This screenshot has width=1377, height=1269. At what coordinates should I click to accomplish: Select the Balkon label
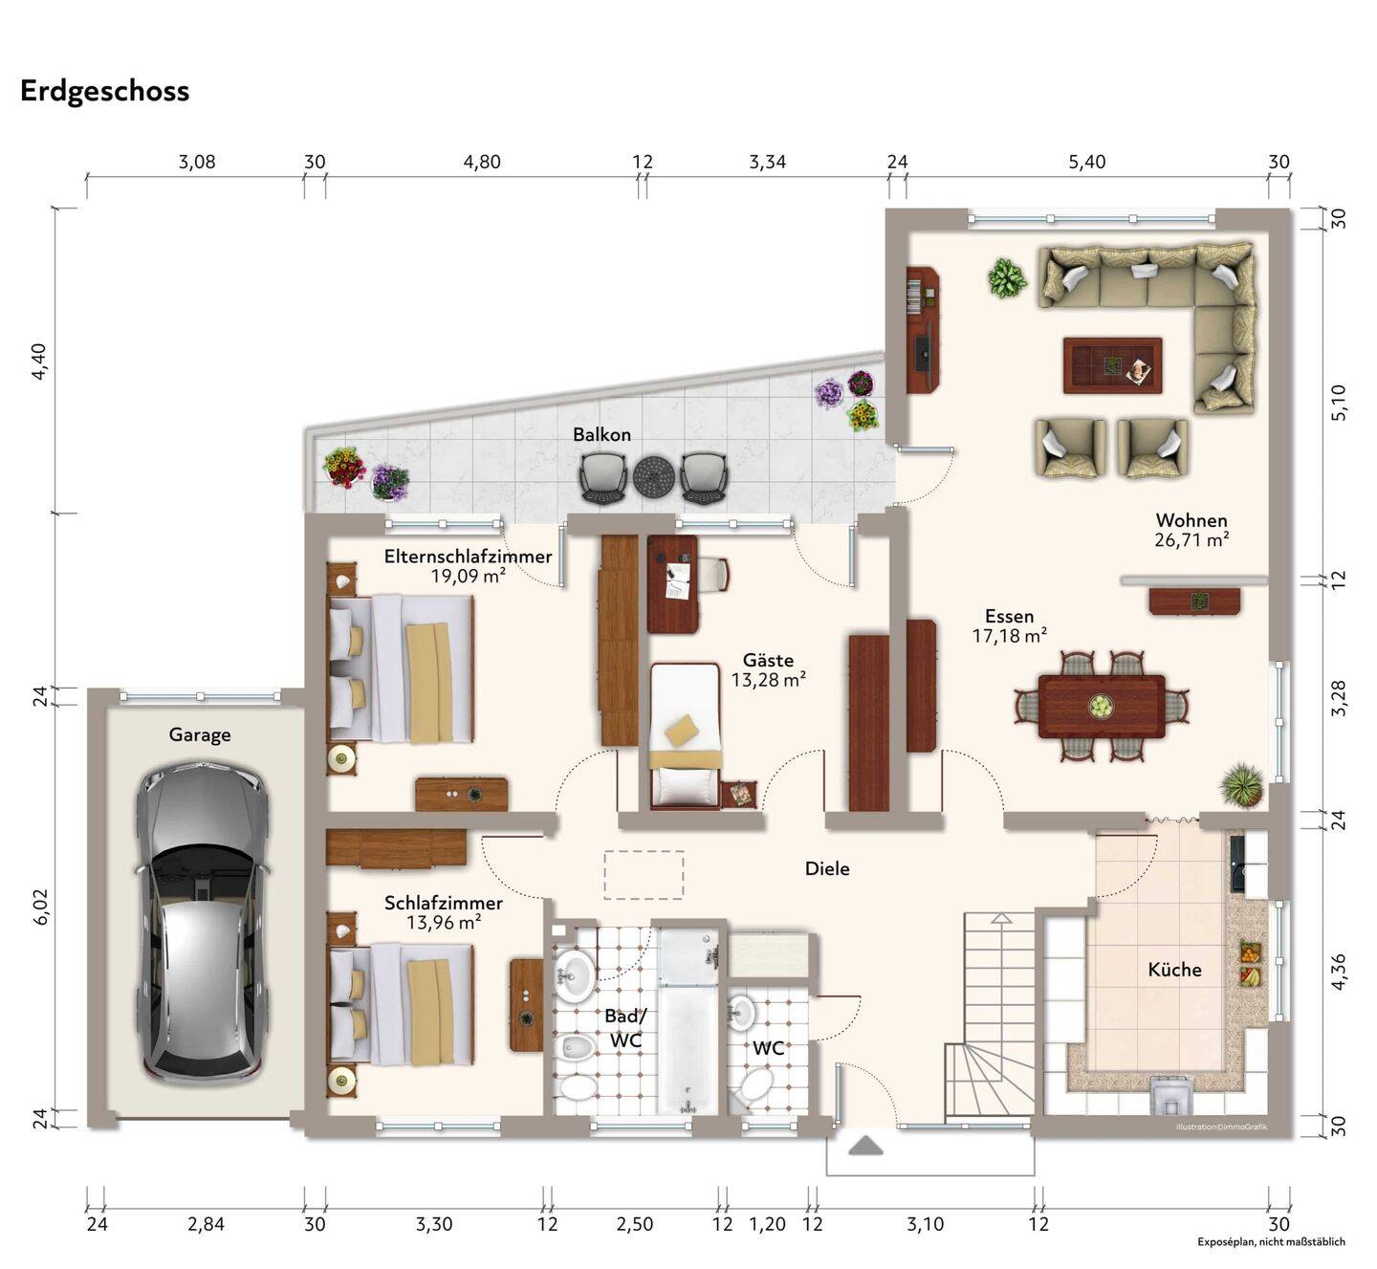click(601, 435)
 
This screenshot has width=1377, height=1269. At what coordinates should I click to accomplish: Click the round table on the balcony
click(653, 474)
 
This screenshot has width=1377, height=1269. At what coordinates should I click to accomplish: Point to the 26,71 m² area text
click(1191, 540)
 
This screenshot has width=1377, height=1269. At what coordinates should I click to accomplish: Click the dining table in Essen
click(1101, 707)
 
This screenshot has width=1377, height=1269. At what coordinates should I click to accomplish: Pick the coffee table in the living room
click(1112, 365)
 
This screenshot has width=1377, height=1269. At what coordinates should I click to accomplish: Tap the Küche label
click(1174, 970)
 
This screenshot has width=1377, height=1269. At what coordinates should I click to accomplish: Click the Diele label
click(827, 868)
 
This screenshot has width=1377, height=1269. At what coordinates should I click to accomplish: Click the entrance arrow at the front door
click(865, 1146)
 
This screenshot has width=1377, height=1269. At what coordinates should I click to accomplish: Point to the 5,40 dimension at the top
click(1086, 162)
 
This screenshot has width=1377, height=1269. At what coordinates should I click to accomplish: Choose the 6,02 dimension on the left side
click(40, 907)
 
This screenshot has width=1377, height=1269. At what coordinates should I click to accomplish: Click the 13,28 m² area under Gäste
click(768, 680)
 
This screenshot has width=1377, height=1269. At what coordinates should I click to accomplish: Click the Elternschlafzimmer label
click(468, 557)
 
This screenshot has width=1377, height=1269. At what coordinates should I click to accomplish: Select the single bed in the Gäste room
click(685, 734)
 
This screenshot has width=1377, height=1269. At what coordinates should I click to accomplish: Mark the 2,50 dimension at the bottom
click(634, 1224)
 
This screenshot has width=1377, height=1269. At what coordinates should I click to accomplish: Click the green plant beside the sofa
click(1007, 278)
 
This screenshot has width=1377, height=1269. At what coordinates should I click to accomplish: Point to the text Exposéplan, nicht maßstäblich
click(1271, 1241)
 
